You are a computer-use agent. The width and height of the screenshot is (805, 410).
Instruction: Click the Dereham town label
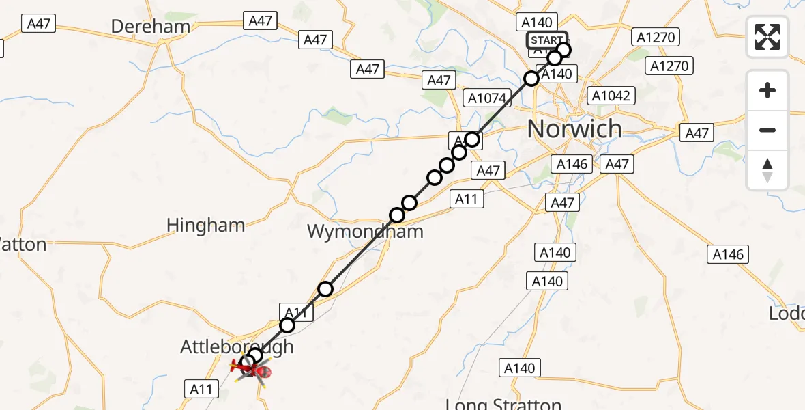[149, 27]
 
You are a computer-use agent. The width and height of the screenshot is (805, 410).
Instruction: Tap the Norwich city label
[574, 128]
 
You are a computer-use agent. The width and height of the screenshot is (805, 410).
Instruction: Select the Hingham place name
[205, 225]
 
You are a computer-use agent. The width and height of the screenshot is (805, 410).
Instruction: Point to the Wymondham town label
[364, 231]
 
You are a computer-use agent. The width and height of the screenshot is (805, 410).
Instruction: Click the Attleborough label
[237, 346]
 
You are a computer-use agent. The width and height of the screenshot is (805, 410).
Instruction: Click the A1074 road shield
[487, 98]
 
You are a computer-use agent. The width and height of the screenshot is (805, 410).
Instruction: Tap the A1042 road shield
[611, 96]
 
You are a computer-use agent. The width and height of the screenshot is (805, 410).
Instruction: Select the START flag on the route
[546, 40]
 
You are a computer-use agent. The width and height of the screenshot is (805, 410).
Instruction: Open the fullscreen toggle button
[767, 37]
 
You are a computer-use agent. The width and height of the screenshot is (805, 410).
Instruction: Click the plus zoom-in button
[767, 91]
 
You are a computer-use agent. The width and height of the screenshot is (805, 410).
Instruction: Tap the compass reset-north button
[767, 170]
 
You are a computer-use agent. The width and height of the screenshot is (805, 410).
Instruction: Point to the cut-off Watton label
[23, 244]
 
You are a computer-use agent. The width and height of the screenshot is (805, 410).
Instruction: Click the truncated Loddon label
[787, 314]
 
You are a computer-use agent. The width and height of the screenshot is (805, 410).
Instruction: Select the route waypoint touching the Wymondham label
[397, 215]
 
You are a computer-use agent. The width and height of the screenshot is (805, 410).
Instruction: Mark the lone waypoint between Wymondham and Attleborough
[325, 289]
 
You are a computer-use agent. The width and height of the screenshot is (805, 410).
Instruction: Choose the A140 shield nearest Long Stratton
[518, 368]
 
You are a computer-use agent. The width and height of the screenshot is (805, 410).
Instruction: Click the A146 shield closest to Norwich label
[572, 164]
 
